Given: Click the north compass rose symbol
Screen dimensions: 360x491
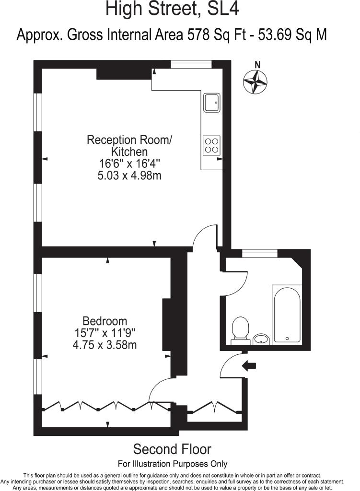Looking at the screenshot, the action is [255, 82].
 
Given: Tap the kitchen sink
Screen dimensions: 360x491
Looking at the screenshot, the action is [212, 103].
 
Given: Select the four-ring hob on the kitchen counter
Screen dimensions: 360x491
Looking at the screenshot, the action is [211, 146].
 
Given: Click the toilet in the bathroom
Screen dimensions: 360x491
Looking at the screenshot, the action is [241, 331].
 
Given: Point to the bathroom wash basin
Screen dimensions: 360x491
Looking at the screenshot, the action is [261, 339].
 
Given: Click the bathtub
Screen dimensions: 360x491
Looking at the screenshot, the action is [287, 314].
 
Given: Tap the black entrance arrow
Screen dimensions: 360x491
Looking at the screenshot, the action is [249, 365].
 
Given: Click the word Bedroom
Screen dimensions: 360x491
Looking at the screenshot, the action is [105, 321].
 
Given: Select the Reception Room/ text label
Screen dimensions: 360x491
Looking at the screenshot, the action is [129, 140].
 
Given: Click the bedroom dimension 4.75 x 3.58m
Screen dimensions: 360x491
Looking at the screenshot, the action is [105, 345].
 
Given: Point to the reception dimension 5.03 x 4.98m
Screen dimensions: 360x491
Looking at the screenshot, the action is [129, 175].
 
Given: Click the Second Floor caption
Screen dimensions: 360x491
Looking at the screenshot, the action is [172, 449].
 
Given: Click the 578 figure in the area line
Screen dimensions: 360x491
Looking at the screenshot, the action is [198, 35].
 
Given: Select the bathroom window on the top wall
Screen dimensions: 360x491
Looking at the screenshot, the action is [260, 253].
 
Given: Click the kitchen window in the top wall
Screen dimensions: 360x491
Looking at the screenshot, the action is [191, 64].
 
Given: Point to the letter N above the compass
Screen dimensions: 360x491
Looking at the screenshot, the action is [257, 65].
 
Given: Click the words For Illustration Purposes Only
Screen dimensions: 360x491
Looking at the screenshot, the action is [173, 464].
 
